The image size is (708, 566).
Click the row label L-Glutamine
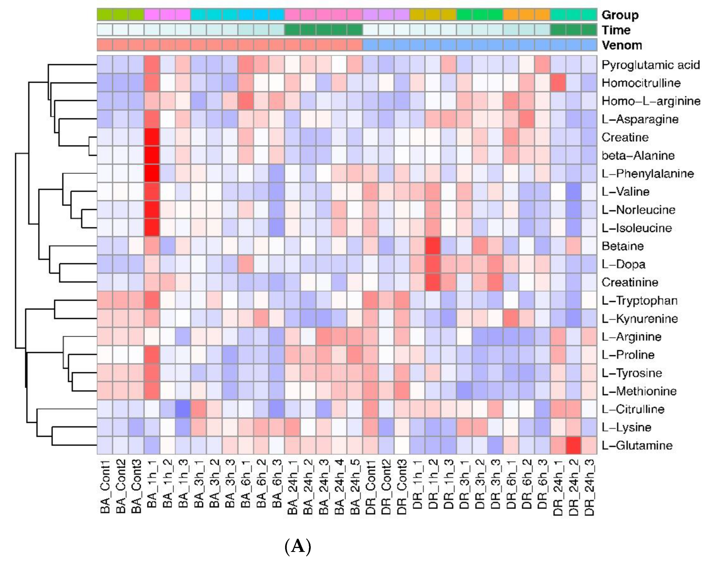click(x=637, y=445)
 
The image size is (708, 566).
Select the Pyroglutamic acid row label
click(x=650, y=65)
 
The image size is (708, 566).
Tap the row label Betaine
click(x=622, y=246)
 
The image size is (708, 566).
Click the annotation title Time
click(x=616, y=30)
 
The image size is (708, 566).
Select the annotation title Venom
click(x=622, y=45)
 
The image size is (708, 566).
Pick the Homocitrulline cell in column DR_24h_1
click(x=558, y=83)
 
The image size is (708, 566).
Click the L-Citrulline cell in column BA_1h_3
click(x=183, y=409)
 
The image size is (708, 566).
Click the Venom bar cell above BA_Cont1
click(x=105, y=45)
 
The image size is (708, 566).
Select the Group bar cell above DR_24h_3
click(x=589, y=15)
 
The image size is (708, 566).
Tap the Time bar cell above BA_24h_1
click(x=292, y=30)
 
